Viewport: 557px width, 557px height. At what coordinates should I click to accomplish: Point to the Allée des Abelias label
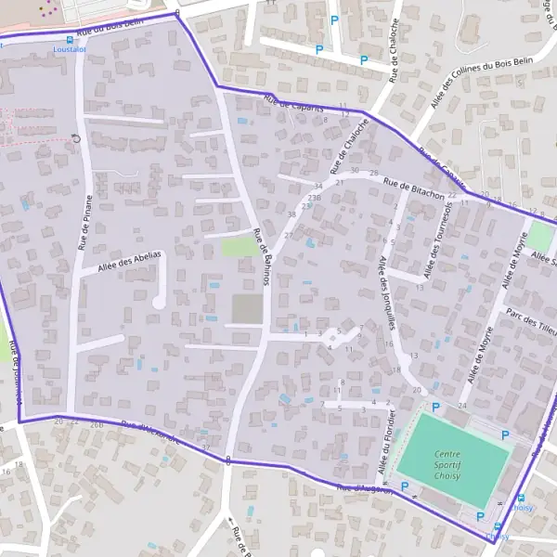tap(129, 261)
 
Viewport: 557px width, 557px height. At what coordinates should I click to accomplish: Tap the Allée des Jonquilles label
tap(387, 293)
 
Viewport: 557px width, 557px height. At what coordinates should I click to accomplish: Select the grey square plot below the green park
tap(246, 308)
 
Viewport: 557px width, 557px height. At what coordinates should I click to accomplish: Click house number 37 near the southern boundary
tap(206, 447)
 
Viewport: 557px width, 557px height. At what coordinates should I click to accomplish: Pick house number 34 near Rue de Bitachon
tap(318, 187)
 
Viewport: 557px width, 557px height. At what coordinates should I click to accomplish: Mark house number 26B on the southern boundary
tap(97, 424)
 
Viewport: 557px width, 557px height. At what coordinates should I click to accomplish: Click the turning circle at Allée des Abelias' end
tap(158, 303)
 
